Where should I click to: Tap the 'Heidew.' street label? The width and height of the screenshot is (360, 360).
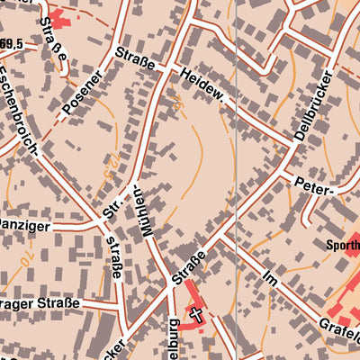point(203,87)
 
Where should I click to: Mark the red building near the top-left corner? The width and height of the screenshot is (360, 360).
point(60,18)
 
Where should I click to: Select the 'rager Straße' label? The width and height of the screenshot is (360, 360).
point(40,303)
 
